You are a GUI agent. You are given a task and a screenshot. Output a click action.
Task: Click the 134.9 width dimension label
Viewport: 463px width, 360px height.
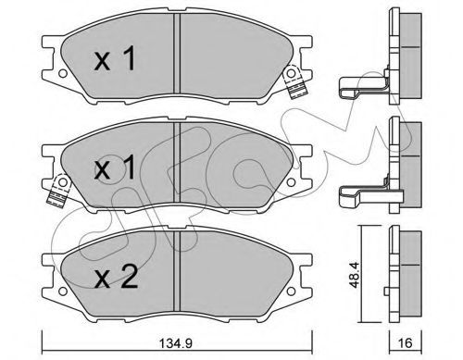click(x=176, y=342)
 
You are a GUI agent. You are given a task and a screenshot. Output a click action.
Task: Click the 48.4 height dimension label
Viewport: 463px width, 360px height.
click(x=355, y=275)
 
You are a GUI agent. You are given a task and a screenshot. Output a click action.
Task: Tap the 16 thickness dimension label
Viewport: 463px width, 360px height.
click(x=406, y=342)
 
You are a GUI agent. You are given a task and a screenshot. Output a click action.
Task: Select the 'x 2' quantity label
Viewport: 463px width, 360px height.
click(x=116, y=277)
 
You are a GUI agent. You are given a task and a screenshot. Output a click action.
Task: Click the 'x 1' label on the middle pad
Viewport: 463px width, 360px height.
click(x=115, y=167)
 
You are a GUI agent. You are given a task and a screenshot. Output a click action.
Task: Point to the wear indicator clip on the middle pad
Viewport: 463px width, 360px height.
click(x=58, y=191)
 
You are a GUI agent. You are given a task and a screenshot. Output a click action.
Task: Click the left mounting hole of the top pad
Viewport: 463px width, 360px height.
click(x=63, y=74)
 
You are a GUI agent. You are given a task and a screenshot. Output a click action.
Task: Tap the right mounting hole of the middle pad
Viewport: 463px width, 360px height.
click(x=291, y=182)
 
